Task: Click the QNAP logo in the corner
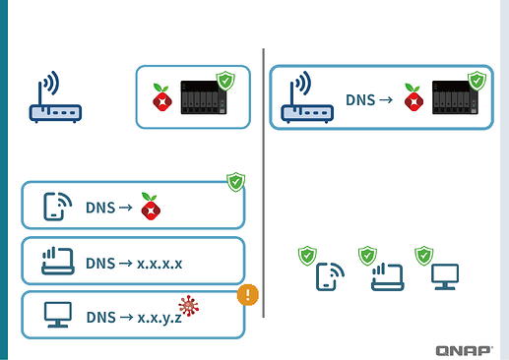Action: pyautogui.click(x=466, y=349)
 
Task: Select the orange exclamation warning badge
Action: pyautogui.click(x=247, y=294)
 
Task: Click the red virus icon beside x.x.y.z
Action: pyautogui.click(x=188, y=307)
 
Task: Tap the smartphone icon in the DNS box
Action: pyautogui.click(x=57, y=207)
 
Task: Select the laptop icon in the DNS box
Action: pyautogui.click(x=57, y=262)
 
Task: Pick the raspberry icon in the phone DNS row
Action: pyautogui.click(x=150, y=207)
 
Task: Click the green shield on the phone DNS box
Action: pyautogui.click(x=235, y=181)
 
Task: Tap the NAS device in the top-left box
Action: pyautogui.click(x=204, y=101)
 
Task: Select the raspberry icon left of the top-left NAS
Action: pyautogui.click(x=160, y=99)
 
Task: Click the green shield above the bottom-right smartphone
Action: pyautogui.click(x=307, y=256)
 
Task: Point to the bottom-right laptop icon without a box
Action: pyautogui.click(x=386, y=277)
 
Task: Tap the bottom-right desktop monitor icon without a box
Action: pyautogui.click(x=444, y=277)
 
